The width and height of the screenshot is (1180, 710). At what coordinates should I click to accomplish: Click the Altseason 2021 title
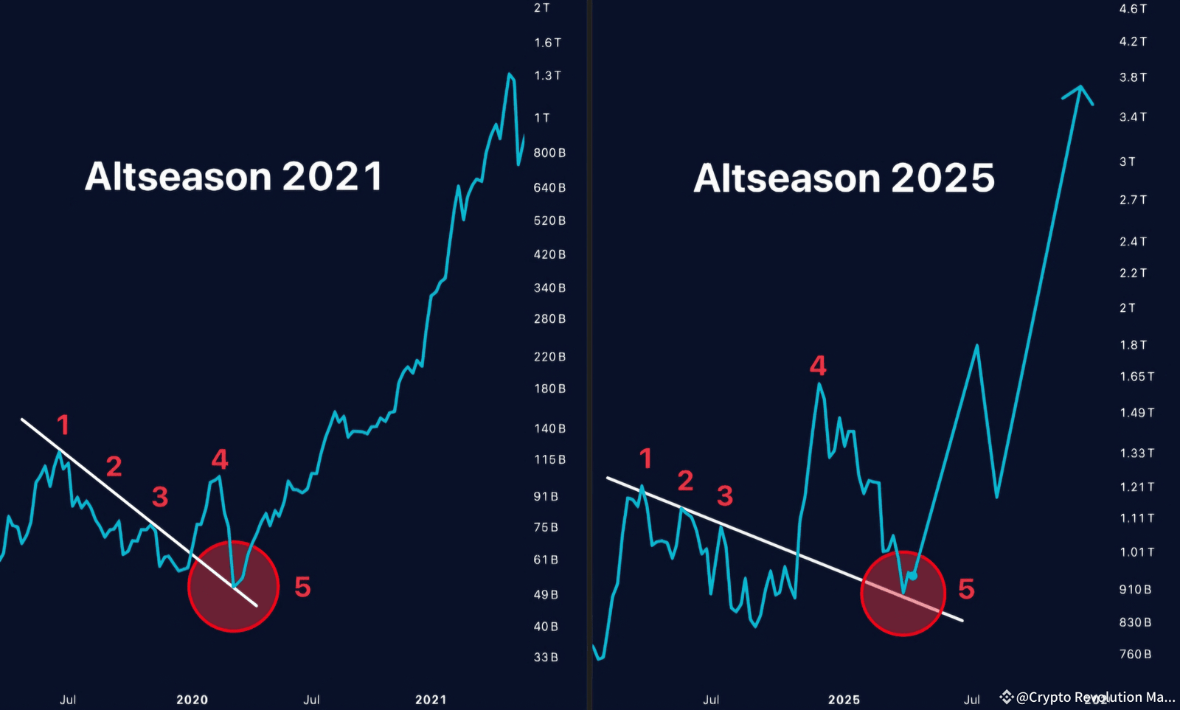(234, 177)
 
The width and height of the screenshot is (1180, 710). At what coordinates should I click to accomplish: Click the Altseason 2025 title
(844, 178)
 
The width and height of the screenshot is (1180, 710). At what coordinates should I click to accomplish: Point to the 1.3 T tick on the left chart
(547, 75)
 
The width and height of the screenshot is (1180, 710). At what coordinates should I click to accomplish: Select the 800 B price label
(549, 153)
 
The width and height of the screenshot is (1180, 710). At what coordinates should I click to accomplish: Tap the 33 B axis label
(546, 657)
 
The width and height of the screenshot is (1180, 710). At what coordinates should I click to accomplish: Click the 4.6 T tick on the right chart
(1133, 9)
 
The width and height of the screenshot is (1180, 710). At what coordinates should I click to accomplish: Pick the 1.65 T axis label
(1136, 377)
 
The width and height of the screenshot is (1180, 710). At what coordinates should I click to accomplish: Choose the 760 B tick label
(1135, 654)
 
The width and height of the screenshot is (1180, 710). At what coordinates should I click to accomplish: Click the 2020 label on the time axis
(192, 700)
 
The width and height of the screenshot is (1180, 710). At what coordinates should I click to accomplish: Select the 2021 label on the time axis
(431, 700)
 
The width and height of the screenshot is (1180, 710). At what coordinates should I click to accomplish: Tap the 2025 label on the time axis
(844, 700)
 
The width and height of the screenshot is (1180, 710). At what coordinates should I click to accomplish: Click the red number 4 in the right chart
(818, 366)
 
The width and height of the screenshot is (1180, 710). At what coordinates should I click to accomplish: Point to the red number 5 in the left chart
(302, 588)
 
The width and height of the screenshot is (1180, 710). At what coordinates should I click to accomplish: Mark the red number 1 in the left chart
(63, 425)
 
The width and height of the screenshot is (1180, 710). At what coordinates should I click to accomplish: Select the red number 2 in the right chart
(685, 481)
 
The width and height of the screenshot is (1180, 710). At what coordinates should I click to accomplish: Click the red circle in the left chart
(233, 587)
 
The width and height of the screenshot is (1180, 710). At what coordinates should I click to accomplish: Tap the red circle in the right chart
(903, 593)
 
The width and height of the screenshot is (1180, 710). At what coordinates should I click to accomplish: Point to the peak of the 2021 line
(509, 74)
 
